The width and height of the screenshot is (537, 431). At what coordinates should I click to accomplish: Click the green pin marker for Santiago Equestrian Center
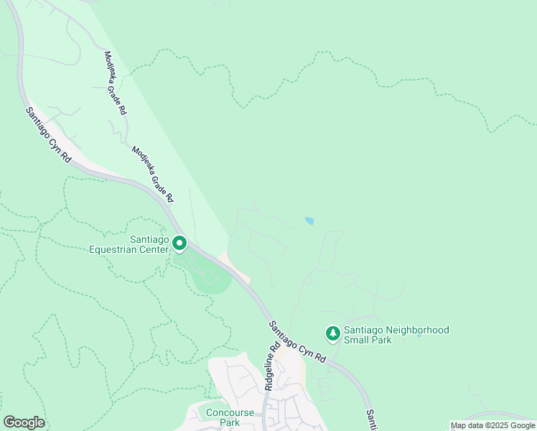pos(179,245)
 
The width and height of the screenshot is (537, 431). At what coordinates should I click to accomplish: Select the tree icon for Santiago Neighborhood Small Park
pos(332,333)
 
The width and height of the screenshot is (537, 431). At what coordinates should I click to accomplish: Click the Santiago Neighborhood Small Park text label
pos(396,335)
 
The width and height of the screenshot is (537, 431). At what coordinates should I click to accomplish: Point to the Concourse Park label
pos(230,417)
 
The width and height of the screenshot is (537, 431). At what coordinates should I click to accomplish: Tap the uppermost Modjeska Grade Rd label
pos(116,83)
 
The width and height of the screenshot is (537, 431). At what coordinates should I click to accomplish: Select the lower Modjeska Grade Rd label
pos(152,173)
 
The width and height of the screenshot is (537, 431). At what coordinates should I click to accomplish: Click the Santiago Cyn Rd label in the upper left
pos(48,134)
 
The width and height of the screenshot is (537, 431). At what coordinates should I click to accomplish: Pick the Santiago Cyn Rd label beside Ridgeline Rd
pos(297,341)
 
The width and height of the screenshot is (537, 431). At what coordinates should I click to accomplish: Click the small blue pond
pos(309,221)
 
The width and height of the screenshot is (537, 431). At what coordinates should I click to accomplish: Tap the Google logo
pos(24,422)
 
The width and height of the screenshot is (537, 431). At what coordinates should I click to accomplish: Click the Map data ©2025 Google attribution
pos(492,425)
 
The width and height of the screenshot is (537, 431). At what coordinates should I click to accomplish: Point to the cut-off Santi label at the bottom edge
pos(371,420)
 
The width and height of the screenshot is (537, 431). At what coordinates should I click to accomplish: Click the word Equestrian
pos(129,250)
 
